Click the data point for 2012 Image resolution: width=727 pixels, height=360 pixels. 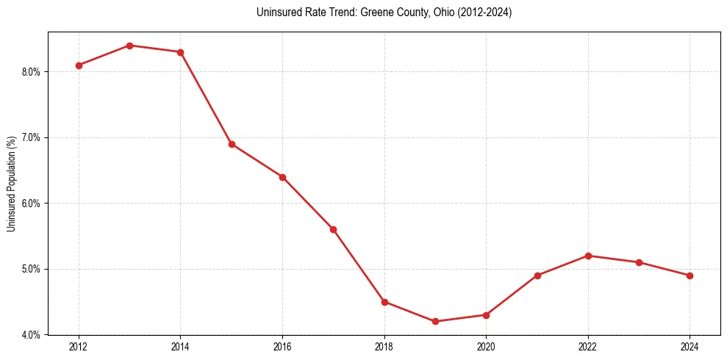(x=79, y=65)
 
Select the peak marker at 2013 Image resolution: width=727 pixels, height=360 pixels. (x=129, y=46)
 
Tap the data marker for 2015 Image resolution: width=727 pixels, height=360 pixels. (x=232, y=144)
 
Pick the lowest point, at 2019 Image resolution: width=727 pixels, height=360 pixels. (x=435, y=321)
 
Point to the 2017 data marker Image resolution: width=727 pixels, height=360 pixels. (x=333, y=229)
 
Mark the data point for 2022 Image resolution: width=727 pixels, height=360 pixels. (x=588, y=256)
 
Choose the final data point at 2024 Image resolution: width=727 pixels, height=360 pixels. (x=690, y=276)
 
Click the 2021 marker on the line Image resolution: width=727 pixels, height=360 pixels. (x=537, y=276)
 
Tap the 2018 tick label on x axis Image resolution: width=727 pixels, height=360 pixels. (x=384, y=347)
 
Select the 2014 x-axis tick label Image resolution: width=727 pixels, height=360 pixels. (x=181, y=347)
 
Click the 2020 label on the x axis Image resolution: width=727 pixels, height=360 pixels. (x=486, y=347)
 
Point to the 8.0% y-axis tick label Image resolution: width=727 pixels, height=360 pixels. (x=32, y=72)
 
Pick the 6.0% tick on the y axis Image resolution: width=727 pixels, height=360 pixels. (x=32, y=204)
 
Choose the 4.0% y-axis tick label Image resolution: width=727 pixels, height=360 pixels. (x=32, y=335)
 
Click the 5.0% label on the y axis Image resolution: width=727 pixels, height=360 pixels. (x=32, y=269)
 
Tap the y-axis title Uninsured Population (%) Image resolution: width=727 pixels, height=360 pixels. (x=11, y=184)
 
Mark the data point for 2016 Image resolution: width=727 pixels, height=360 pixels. (x=282, y=177)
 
